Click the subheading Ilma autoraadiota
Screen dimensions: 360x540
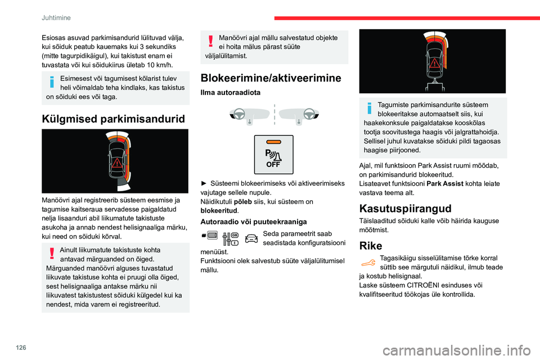coord(230,93)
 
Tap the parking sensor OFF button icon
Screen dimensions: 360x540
coord(273,154)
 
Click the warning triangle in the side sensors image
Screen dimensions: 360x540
coord(116,163)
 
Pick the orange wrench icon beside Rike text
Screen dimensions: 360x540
coord(368,260)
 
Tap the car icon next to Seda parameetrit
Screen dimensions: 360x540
coord(251,240)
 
